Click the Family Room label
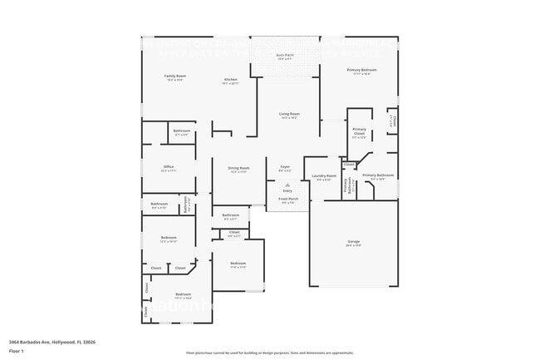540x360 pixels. click(x=174, y=76)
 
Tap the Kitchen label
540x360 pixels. click(x=230, y=81)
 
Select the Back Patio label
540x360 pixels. click(x=284, y=56)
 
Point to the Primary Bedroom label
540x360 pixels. click(x=361, y=71)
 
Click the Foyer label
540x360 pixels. click(x=284, y=167)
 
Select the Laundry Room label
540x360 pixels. click(x=324, y=176)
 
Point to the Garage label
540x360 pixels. click(x=353, y=242)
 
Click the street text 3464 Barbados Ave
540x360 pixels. click(x=29, y=342)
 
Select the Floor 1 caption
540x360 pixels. click(x=17, y=352)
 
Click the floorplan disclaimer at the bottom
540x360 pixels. click(x=269, y=353)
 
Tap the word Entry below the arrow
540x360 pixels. click(x=287, y=190)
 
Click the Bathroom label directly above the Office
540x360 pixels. click(x=181, y=131)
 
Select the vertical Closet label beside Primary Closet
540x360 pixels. click(x=395, y=121)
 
